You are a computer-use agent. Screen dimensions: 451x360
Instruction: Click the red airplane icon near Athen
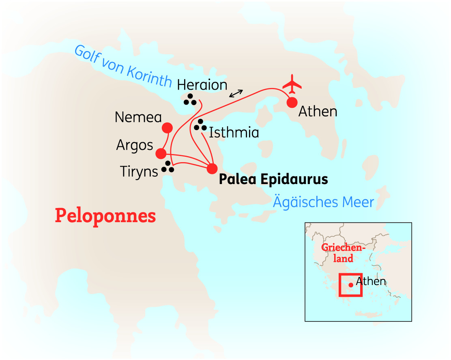(292, 84)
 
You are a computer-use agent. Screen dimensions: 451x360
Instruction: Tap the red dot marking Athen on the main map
(292, 103)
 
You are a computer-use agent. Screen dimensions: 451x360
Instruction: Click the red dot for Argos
(161, 154)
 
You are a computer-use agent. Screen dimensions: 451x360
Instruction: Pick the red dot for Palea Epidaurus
(212, 168)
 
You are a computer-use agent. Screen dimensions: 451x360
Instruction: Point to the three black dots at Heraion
(190, 99)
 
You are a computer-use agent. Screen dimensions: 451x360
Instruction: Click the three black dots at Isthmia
(200, 125)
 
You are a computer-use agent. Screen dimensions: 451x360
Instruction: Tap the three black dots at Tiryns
(168, 167)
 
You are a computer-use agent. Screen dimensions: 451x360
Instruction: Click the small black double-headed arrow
(236, 93)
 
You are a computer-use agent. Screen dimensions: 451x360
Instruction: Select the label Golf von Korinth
(123, 66)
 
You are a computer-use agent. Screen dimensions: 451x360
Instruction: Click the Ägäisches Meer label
(323, 201)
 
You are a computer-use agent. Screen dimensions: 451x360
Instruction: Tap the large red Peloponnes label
(105, 216)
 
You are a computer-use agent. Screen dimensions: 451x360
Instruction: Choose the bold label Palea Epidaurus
(273, 179)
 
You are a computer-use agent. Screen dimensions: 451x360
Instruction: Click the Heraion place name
(202, 85)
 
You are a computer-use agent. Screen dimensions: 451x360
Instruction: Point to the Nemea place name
(138, 117)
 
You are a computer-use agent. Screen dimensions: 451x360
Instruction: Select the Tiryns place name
(139, 171)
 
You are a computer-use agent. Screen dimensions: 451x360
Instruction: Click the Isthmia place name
(234, 133)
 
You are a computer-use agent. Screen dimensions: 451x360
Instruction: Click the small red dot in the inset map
(350, 285)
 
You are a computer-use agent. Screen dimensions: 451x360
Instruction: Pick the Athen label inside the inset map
(371, 281)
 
